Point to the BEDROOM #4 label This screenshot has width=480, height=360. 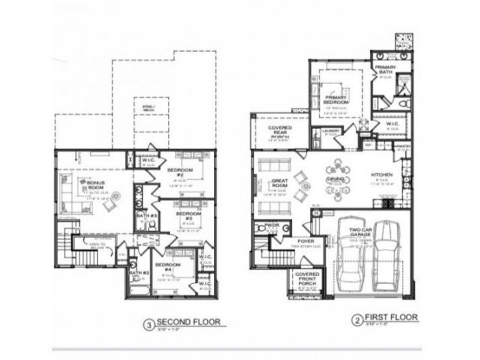point(167,267)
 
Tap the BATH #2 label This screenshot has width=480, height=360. point(138,274)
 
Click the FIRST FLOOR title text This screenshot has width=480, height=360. point(396,318)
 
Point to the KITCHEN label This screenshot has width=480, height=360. point(382,175)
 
